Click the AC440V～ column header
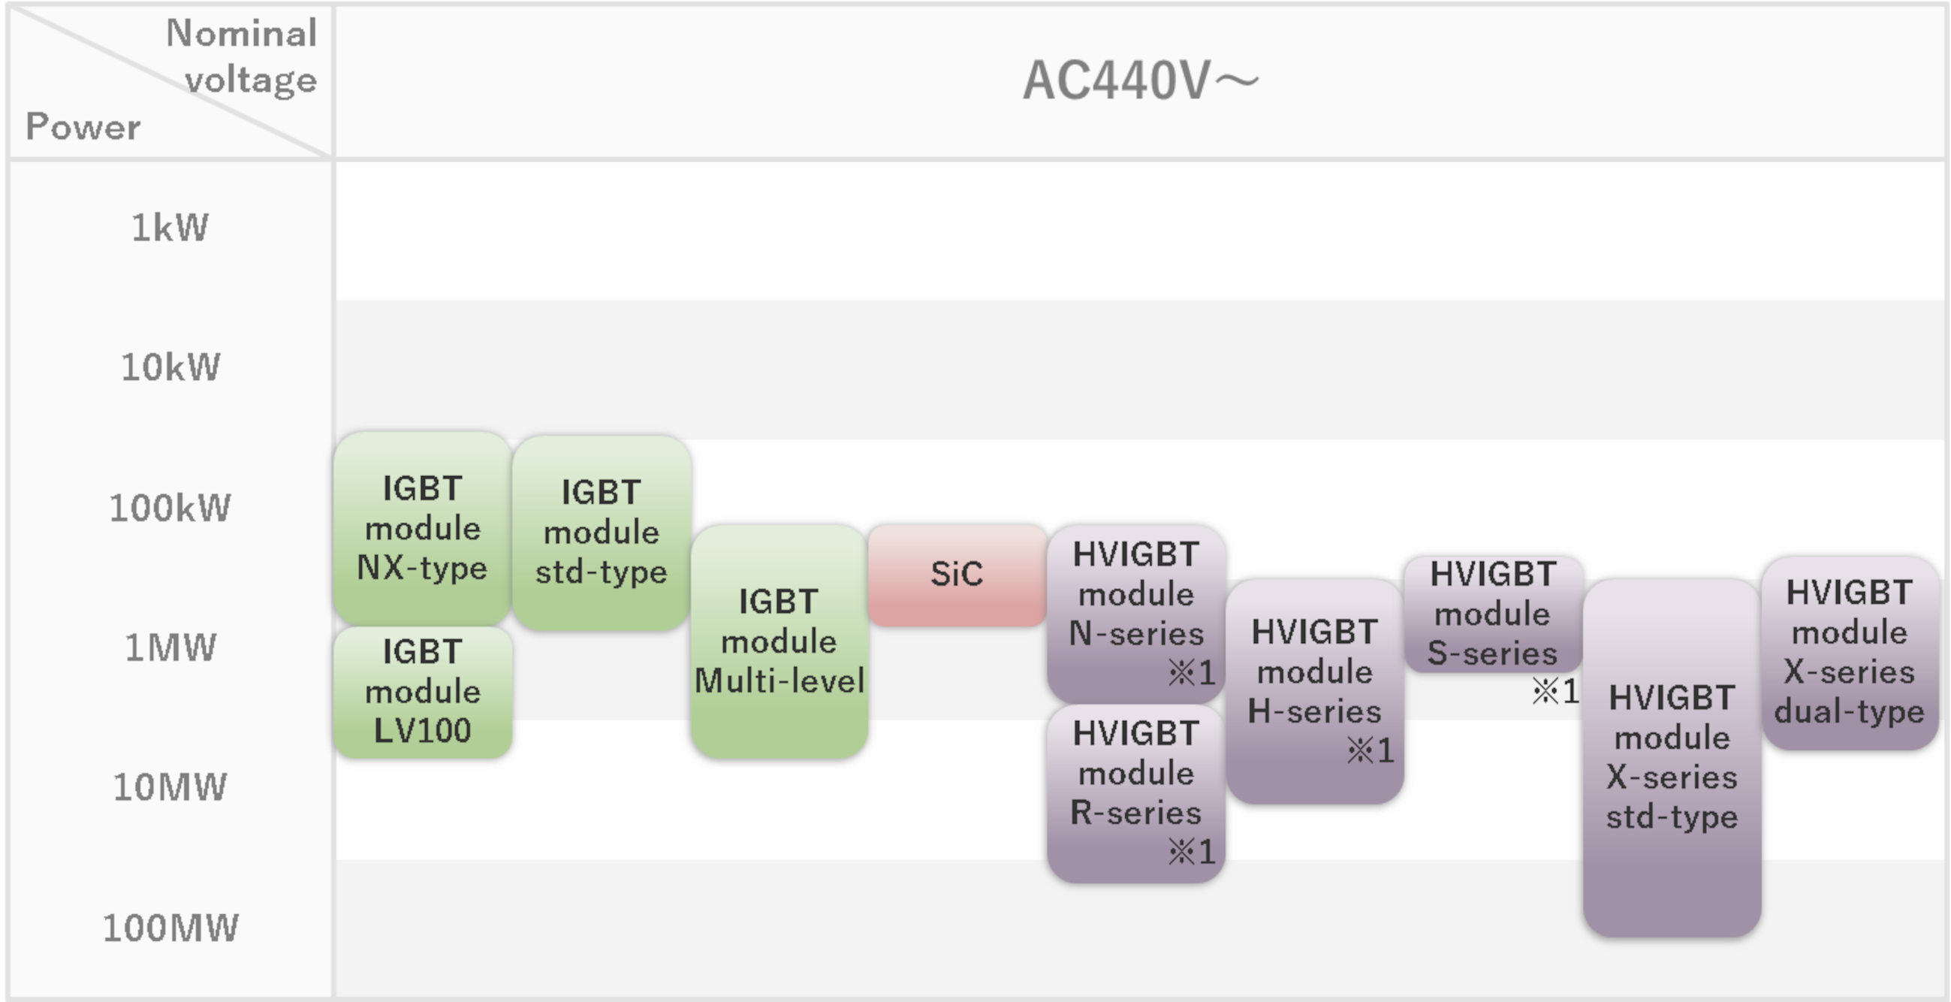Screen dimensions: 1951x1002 (1140, 80)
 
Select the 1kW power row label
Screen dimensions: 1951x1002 (170, 227)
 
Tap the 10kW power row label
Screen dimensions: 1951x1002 (170, 367)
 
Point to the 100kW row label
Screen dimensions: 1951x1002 (170, 508)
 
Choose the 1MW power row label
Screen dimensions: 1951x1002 (170, 647)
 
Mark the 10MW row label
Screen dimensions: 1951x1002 (170, 788)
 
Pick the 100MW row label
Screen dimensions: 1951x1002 (170, 928)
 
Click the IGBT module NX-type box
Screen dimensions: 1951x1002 (422, 528)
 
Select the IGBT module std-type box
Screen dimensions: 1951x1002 (602, 532)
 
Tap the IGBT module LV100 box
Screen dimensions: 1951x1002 (423, 692)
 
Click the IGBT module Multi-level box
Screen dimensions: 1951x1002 (779, 641)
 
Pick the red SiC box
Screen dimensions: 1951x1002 (957, 574)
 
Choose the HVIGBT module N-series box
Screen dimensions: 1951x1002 (1136, 613)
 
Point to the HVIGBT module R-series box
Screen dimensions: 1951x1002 (1136, 793)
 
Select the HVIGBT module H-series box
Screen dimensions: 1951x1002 (1315, 691)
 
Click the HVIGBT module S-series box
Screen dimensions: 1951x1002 (1493, 614)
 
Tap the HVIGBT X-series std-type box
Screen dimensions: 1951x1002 (1672, 757)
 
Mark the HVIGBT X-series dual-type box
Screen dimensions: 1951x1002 (1850, 653)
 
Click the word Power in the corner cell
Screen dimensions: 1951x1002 (83, 126)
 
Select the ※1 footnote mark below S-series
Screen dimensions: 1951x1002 (1556, 691)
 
